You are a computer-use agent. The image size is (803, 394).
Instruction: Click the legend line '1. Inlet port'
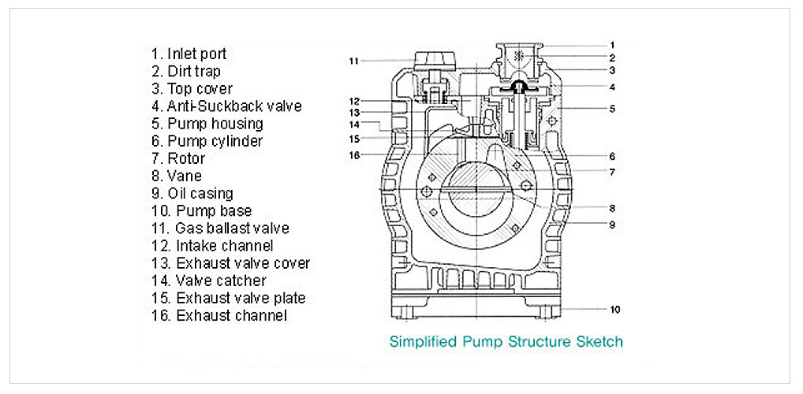[x=189, y=54]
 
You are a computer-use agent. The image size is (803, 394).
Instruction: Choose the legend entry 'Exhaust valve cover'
[x=243, y=263]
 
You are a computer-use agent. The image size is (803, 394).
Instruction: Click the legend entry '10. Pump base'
[x=201, y=211]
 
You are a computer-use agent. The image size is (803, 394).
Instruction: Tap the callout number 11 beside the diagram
[x=354, y=61]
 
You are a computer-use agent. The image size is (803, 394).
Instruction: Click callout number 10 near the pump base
[x=615, y=310]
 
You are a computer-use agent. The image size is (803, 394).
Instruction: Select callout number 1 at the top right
[x=612, y=45]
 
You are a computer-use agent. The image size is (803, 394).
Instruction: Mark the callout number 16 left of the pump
[x=354, y=155]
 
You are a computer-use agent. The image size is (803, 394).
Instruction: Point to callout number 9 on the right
[x=611, y=225]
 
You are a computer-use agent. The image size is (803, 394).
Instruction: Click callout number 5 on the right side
[x=612, y=108]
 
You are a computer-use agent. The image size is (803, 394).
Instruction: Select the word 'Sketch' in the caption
[x=601, y=342]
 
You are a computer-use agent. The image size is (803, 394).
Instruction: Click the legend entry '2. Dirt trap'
[x=186, y=72]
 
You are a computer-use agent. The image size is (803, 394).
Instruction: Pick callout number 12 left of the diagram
[x=354, y=102]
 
